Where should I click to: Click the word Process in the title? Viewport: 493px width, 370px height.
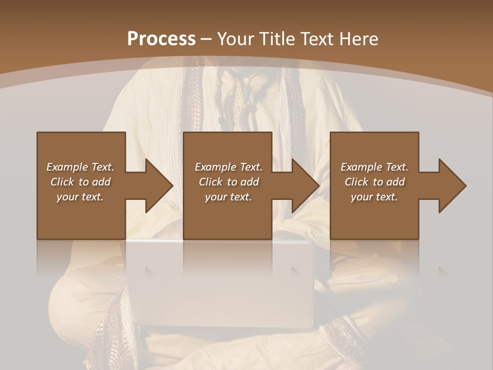point(161,39)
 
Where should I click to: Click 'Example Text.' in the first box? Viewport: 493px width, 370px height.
point(80,167)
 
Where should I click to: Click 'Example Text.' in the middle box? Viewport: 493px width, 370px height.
point(229,167)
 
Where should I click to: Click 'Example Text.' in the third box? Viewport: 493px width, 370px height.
point(374,167)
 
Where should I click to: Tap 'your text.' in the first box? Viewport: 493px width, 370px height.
point(80,197)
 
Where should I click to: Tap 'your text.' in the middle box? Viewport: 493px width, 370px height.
point(229,197)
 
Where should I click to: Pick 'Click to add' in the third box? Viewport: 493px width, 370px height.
point(374,182)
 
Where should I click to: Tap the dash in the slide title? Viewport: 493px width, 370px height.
point(206,39)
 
